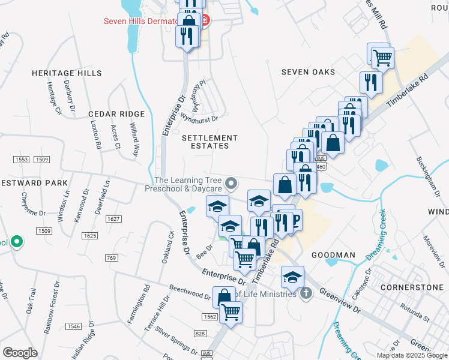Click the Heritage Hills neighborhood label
click(x=67, y=73)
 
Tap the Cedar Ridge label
click(x=116, y=114)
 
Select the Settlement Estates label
click(x=205, y=142)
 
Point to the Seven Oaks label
click(x=309, y=72)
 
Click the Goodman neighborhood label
click(x=334, y=255)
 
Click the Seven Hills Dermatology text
click(x=140, y=20)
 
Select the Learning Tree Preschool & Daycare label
click(x=188, y=184)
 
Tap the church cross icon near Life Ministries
click(x=306, y=293)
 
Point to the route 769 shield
click(x=110, y=258)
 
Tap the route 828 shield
click(x=200, y=333)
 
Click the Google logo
click(x=20, y=353)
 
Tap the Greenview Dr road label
click(x=339, y=302)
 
